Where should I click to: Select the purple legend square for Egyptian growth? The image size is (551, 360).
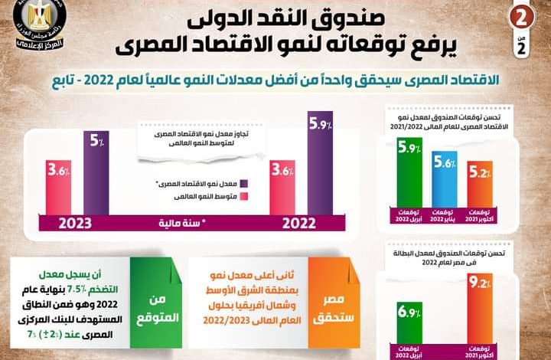click(x=245, y=184)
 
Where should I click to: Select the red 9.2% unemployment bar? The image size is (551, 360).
click(x=479, y=313)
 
